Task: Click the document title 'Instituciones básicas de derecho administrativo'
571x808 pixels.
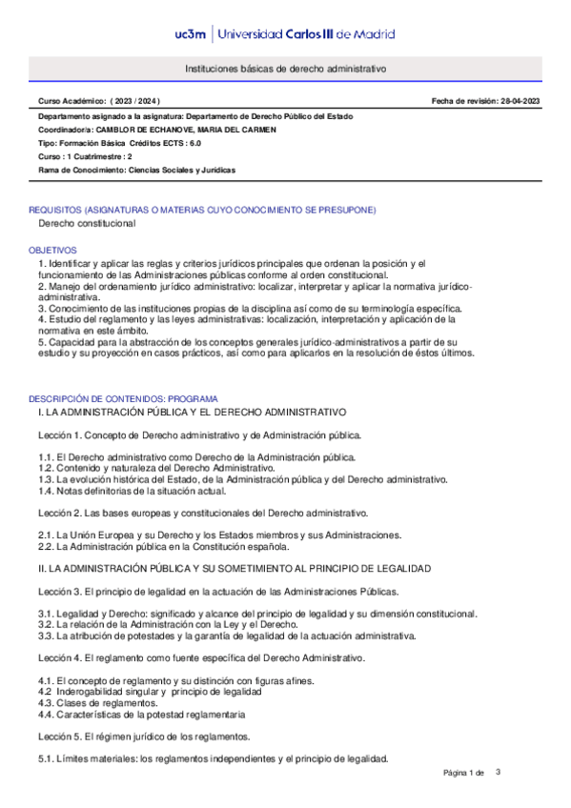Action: point(285,70)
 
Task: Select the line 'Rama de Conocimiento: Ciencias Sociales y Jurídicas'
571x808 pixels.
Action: point(136,170)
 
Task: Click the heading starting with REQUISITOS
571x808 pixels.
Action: point(202,210)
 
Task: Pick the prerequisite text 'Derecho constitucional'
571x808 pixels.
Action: point(87,223)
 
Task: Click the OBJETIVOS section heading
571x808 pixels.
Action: point(53,250)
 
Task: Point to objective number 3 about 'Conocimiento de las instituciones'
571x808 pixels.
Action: point(250,309)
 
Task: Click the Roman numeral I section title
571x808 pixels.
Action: point(192,412)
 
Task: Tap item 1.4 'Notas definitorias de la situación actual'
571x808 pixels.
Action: point(132,491)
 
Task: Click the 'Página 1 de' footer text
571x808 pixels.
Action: point(464,772)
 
